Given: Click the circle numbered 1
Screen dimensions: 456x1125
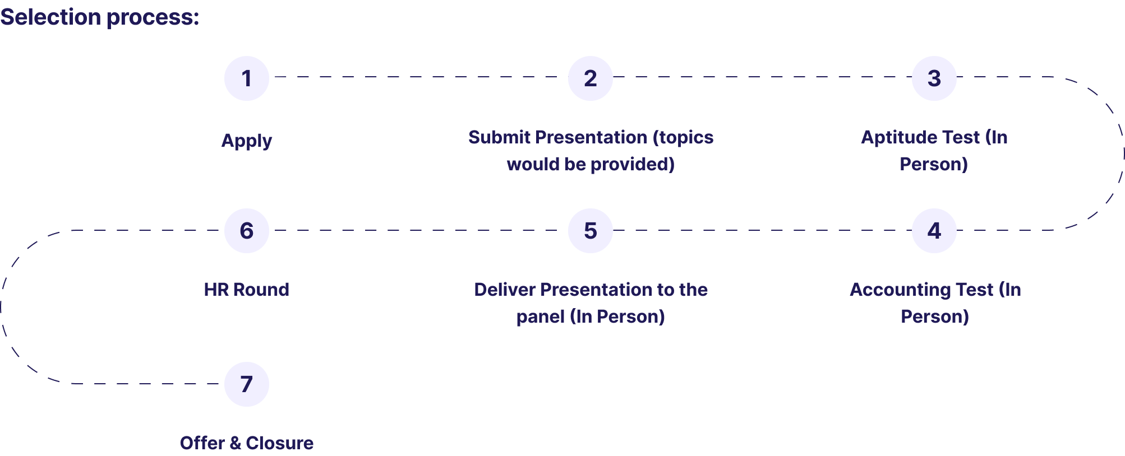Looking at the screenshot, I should point(247,78).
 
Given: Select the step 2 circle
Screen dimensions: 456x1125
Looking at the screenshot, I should point(591,78).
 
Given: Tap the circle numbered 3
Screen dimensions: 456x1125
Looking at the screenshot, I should point(934,78).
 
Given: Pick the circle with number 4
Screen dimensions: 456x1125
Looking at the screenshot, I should point(934,231).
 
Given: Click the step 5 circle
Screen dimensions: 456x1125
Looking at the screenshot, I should point(591,231).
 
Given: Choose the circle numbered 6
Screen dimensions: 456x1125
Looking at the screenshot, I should point(247,231).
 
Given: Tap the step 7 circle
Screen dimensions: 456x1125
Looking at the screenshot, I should point(247,384).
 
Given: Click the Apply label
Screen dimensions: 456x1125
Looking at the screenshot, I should point(247,141).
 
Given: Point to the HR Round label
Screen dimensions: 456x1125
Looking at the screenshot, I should point(247,290).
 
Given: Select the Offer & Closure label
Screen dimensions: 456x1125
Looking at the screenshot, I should point(247,443).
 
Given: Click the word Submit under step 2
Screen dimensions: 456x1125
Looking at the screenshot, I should point(500,137).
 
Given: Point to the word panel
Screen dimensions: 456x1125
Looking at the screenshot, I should point(540,317).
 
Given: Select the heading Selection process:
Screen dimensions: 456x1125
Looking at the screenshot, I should point(100,17).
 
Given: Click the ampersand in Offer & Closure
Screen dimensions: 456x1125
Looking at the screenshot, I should point(235,443).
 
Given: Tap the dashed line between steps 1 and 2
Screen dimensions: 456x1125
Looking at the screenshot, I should point(418,77).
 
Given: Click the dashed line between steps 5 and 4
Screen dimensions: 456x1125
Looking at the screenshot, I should point(763,230).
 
